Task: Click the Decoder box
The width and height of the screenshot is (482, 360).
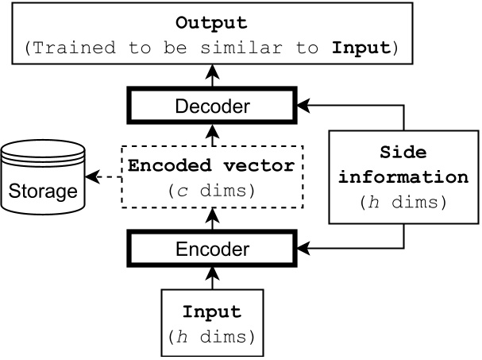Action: (211, 106)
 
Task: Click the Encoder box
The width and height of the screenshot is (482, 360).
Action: (211, 250)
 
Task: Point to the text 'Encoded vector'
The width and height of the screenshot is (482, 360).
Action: (211, 167)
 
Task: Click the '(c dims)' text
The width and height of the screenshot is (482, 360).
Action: (211, 191)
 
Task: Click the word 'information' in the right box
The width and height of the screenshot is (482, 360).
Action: (404, 177)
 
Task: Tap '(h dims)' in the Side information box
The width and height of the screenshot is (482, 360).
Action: (404, 202)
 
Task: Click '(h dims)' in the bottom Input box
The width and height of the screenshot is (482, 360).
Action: (211, 336)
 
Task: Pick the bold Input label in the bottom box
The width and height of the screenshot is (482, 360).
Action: (211, 312)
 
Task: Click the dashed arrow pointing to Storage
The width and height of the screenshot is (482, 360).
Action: (102, 177)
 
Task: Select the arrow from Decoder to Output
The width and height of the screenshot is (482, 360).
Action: (211, 77)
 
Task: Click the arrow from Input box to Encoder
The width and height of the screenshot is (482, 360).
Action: (211, 278)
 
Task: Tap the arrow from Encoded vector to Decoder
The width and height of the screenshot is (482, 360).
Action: (211, 134)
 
